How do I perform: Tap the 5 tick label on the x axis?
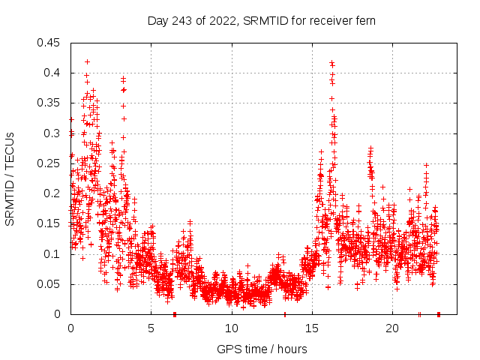pos(151,328)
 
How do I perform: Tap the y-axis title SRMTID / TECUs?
pos(10,178)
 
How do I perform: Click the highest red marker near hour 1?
pos(87,61)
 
